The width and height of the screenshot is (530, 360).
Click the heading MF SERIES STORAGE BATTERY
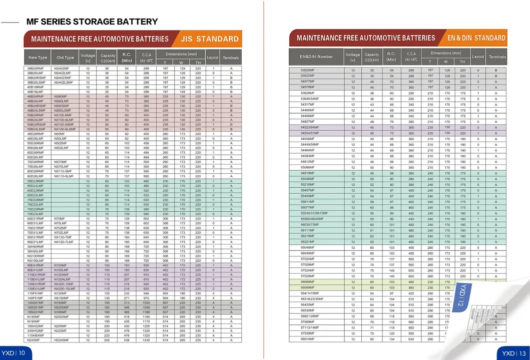coord(92,22)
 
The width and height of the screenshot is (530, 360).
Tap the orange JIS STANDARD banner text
coord(210,39)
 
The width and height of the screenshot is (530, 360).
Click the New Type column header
coord(38,58)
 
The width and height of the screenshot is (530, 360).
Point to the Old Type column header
coord(65,58)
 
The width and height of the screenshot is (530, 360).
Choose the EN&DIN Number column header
coord(316,57)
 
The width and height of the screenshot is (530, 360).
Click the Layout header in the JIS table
coord(213,58)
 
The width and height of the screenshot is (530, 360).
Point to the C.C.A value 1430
coord(147,340)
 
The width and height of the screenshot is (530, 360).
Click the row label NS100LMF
coord(36,260)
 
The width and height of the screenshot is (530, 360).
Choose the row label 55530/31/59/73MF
coord(314,213)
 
